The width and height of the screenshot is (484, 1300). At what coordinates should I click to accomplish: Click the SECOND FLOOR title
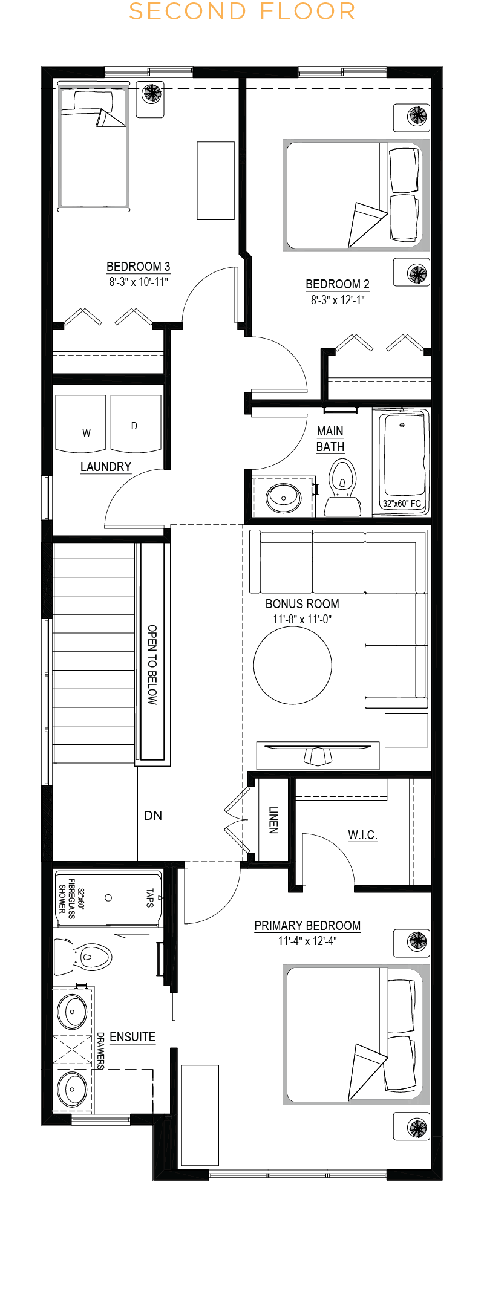pyautogui.click(x=242, y=11)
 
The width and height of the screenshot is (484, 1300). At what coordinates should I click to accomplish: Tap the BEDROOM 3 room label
pyautogui.click(x=138, y=267)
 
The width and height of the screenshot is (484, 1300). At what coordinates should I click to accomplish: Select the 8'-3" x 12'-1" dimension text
pyautogui.click(x=338, y=300)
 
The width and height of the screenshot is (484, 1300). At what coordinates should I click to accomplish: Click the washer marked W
pyautogui.click(x=80, y=423)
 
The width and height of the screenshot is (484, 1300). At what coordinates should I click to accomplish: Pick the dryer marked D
pyautogui.click(x=136, y=423)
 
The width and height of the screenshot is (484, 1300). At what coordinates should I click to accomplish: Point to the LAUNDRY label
pyautogui.click(x=106, y=467)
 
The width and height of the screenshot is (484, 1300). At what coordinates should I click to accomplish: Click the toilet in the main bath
pyautogui.click(x=342, y=487)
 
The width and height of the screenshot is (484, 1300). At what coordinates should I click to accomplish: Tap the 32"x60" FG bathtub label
pyautogui.click(x=402, y=503)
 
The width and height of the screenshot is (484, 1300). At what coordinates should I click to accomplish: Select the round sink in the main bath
pyautogui.click(x=284, y=498)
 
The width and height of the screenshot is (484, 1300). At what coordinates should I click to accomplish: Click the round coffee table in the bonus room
pyautogui.click(x=293, y=665)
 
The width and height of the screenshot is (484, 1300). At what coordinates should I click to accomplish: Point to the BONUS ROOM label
pyautogui.click(x=302, y=604)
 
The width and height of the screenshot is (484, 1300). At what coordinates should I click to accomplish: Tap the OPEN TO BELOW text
pyautogui.click(x=152, y=665)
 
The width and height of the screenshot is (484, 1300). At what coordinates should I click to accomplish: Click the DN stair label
pyautogui.click(x=153, y=816)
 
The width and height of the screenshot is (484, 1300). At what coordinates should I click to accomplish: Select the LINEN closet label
pyautogui.click(x=273, y=820)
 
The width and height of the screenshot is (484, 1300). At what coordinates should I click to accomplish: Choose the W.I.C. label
pyautogui.click(x=362, y=835)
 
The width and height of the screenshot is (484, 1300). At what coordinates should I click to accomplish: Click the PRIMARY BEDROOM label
pyautogui.click(x=307, y=926)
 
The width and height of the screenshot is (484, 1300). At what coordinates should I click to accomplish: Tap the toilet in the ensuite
pyautogui.click(x=83, y=957)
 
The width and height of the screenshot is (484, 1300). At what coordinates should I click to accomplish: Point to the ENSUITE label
pyautogui.click(x=132, y=1037)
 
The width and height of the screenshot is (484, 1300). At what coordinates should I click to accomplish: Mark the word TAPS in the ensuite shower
pyautogui.click(x=149, y=898)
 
